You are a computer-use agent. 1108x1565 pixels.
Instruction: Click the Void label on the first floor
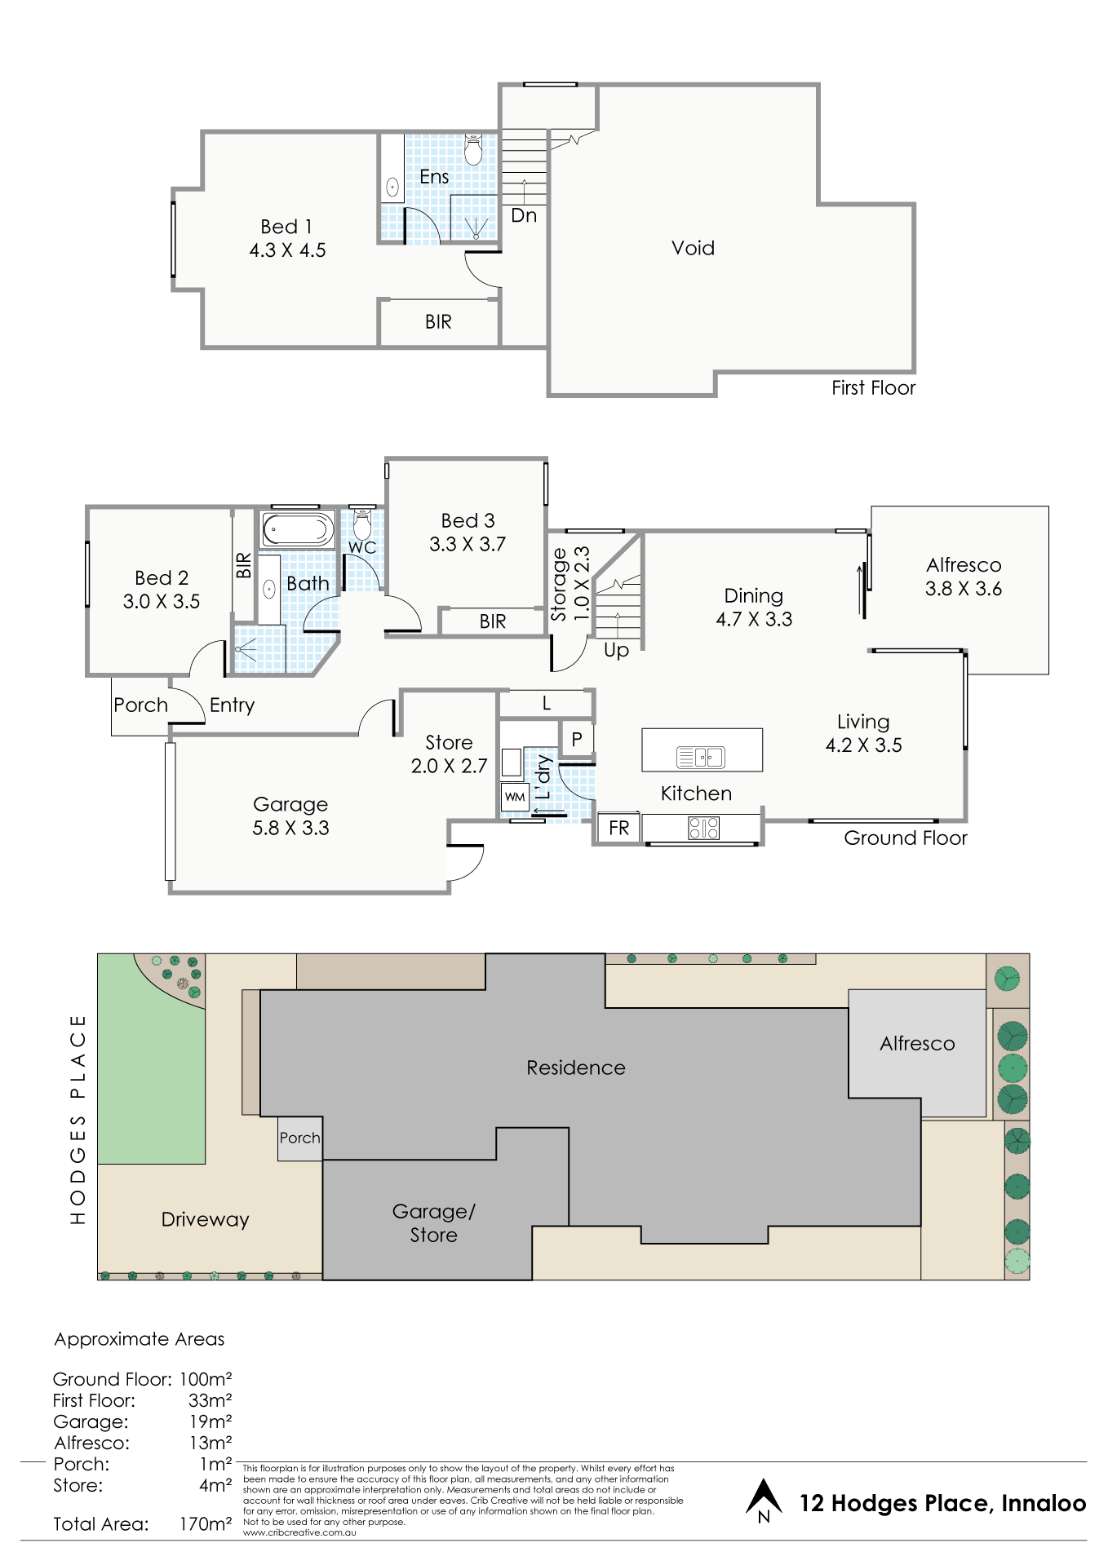pos(693,248)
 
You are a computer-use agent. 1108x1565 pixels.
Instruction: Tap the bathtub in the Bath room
pos(297,528)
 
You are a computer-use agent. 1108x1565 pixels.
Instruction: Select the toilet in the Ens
pos(473,150)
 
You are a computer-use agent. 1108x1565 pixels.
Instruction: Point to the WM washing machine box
pos(515,797)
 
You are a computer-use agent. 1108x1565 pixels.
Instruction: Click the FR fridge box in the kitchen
pos(618,828)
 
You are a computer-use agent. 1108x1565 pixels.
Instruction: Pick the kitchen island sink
pos(701,758)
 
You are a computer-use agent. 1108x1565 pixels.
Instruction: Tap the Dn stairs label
pos(524,215)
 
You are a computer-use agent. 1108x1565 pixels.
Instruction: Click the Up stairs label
pos(616,650)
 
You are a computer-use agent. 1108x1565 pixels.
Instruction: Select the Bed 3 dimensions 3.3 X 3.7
pos(468,544)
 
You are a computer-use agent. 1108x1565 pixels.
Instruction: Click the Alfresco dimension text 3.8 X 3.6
pos(964,589)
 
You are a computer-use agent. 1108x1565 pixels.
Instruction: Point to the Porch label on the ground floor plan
pos(140,705)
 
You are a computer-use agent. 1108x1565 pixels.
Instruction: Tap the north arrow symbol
pos(764,1500)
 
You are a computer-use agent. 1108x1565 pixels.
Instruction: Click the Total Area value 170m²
pos(206,1523)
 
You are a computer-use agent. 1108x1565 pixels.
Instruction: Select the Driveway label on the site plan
pos(205,1219)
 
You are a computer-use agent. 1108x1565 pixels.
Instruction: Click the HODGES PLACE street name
pos(78,1119)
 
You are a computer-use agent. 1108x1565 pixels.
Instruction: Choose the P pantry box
pos(577,739)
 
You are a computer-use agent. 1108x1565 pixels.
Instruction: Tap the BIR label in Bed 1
pos(438,322)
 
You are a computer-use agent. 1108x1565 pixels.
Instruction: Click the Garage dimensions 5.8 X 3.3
pos(290,828)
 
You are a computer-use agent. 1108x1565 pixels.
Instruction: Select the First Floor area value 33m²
pos(211,1400)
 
